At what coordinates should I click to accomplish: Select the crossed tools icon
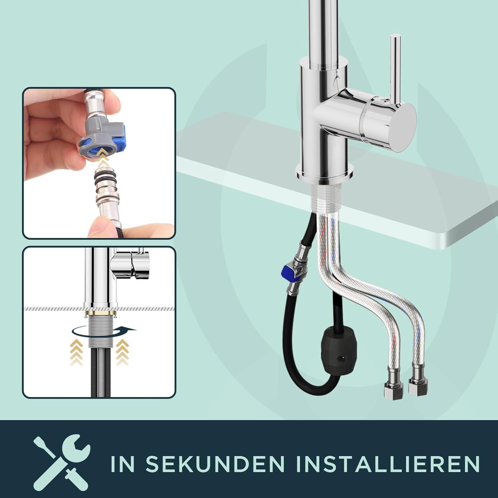(x=62, y=462)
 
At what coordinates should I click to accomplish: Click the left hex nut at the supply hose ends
(x=393, y=388)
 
